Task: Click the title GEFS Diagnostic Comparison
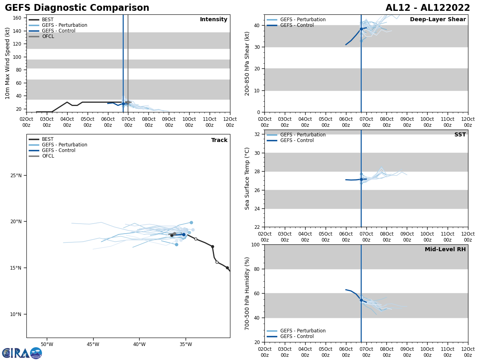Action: coord(77,8)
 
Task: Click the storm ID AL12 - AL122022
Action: coord(428,8)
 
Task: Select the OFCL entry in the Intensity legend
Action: coord(48,36)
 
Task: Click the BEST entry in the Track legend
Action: coord(48,139)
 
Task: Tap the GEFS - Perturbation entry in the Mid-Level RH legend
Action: coord(302,331)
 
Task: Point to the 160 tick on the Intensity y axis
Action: coord(17,18)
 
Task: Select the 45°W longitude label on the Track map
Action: coord(93,344)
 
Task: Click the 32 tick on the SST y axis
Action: coord(258,134)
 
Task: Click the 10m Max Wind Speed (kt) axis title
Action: coord(8,63)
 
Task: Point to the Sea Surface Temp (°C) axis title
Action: coord(247,178)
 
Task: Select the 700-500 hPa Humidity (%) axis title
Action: coord(247,293)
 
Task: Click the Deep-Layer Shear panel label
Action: coord(438,20)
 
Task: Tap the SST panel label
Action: coord(460,135)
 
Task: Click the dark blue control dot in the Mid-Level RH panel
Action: coord(361,300)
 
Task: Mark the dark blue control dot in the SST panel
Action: coord(361,179)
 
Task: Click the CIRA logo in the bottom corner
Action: coord(22,353)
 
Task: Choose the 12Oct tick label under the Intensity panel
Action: coord(230,122)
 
